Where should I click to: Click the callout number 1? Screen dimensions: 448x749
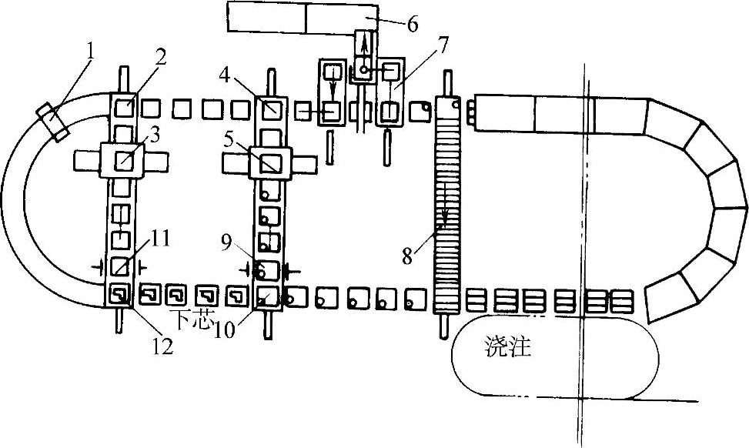coord(90,52)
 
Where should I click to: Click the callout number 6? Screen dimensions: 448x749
coord(413,25)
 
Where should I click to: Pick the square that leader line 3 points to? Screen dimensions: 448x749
coord(124,162)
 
